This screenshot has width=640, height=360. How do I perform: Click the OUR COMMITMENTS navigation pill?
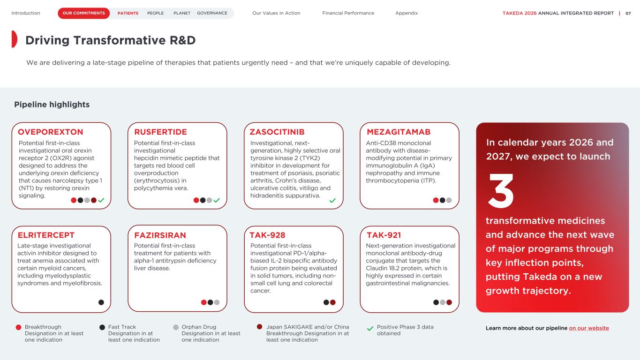[84, 13]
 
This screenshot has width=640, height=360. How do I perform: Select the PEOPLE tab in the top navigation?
[156, 13]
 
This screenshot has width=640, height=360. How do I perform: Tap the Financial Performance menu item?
[348, 13]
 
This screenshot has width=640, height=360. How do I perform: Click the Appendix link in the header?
[407, 13]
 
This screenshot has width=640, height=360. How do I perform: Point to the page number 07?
[628, 13]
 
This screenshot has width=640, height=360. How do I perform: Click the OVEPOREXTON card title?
[50, 132]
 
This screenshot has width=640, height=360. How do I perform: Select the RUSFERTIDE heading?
[160, 132]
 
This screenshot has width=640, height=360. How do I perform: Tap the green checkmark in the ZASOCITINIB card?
[332, 200]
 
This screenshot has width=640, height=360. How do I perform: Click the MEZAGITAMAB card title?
[399, 132]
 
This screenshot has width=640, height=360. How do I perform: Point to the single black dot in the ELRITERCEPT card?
[101, 302]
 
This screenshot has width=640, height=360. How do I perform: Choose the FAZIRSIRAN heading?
[160, 235]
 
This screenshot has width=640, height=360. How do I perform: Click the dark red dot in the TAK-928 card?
[333, 302]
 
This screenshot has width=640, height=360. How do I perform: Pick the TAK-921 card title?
[384, 235]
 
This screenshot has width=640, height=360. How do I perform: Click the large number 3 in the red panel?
[501, 191]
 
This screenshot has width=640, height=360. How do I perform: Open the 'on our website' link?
[589, 328]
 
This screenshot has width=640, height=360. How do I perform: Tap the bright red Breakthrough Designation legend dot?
[19, 328]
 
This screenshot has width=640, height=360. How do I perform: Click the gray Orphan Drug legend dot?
[176, 328]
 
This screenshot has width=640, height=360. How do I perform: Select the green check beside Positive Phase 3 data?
[370, 329]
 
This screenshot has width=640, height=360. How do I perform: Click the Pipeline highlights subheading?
[52, 105]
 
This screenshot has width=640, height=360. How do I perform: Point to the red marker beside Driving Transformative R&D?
[14, 39]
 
